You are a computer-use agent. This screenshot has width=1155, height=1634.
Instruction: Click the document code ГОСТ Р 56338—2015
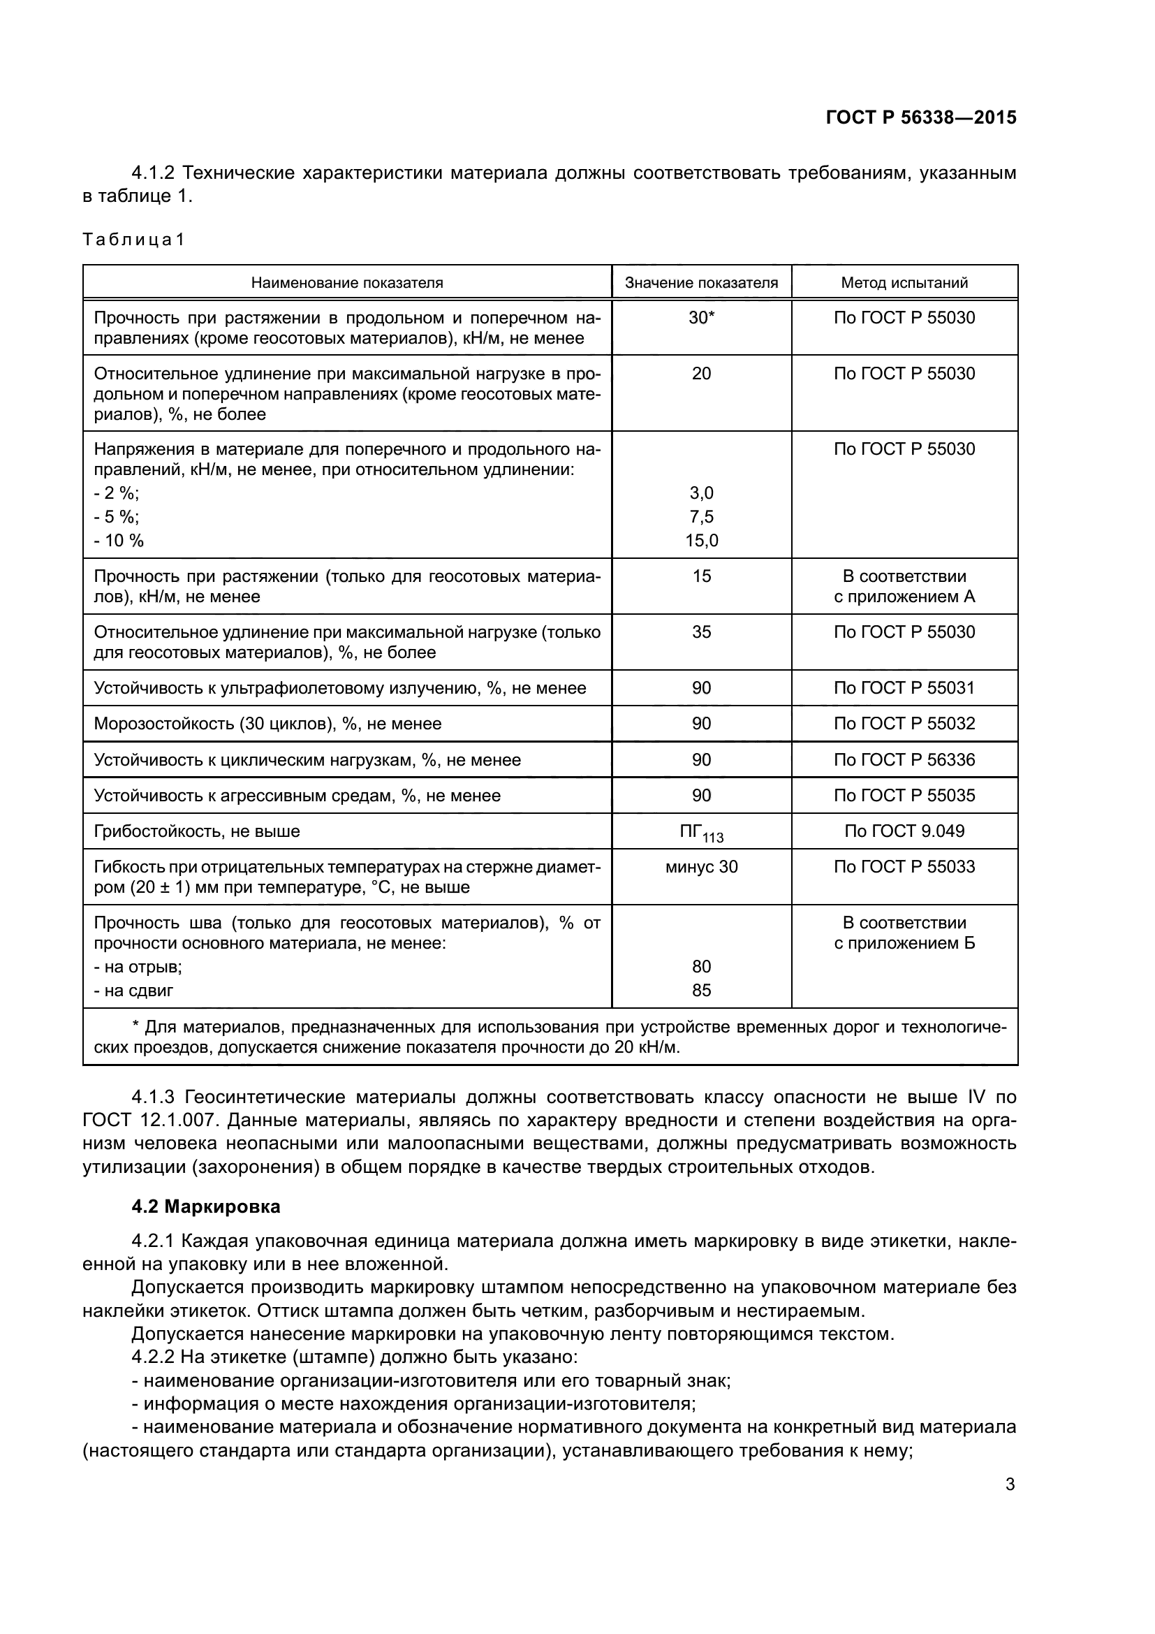tap(920, 118)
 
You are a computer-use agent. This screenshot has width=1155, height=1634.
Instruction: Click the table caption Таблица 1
tap(133, 240)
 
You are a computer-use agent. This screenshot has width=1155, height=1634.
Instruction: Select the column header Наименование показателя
tap(347, 282)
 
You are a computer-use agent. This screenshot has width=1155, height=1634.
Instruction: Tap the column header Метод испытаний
tap(904, 282)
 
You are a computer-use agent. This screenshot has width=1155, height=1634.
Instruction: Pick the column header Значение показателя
tap(701, 282)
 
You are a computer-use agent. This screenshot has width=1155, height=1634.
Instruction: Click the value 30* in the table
tap(701, 317)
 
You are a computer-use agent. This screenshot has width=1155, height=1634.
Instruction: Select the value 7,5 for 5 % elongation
tap(701, 517)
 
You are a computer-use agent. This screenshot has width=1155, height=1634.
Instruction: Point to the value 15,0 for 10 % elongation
tap(701, 541)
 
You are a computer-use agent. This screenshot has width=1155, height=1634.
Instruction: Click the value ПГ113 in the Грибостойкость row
tap(701, 832)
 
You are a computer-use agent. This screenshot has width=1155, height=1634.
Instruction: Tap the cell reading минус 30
tap(701, 867)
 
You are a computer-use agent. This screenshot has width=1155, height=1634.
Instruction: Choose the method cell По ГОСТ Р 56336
tap(904, 760)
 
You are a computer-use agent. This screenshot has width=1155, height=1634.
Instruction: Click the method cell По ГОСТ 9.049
tap(904, 831)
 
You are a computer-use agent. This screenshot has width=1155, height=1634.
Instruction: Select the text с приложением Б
tap(904, 944)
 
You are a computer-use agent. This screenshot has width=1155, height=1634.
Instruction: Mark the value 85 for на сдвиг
tap(701, 991)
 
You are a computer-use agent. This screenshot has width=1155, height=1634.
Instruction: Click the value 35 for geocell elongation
tap(701, 632)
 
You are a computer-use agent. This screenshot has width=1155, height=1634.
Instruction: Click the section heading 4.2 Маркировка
tap(205, 1206)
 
